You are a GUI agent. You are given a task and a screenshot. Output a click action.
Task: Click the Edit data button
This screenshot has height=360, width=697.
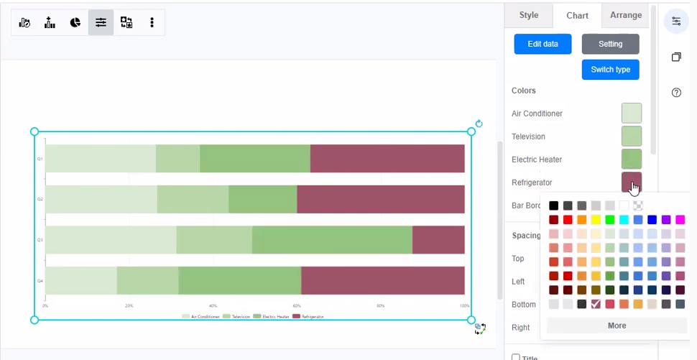543,44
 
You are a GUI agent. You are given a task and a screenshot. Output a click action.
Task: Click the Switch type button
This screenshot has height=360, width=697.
610,70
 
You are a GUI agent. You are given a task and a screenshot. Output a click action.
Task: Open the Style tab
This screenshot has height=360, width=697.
528,15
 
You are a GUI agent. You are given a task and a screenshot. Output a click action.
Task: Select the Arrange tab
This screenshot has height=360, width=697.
626,15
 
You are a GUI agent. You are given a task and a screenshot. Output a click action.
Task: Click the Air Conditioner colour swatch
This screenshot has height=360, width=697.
631,114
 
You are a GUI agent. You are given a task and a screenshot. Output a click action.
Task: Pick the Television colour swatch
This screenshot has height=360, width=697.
631,137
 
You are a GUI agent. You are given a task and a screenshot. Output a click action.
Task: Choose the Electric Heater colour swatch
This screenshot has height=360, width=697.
631,160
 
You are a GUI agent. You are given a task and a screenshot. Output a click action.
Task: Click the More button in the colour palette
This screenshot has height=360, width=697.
617,326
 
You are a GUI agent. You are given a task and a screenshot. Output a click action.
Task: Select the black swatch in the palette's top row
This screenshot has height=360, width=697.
553,206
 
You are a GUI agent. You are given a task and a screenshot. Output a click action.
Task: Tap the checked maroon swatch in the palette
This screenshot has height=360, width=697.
596,304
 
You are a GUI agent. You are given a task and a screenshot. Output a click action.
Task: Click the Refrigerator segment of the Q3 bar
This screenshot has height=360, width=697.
438,240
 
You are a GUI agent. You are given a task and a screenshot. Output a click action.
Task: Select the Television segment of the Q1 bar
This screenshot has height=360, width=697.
177,159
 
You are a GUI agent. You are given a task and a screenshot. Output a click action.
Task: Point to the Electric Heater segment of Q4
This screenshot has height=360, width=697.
239,280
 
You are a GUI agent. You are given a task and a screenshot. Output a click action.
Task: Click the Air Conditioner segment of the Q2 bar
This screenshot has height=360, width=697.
101,199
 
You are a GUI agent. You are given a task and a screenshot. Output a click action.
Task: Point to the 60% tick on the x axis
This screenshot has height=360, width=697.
297,305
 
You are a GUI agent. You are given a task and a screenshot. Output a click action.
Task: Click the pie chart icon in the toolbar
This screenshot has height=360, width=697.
75,22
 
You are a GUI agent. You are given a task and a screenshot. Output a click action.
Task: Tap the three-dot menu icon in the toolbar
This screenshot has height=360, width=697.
152,22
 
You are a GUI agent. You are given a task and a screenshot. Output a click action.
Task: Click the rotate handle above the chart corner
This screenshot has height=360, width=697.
479,124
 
